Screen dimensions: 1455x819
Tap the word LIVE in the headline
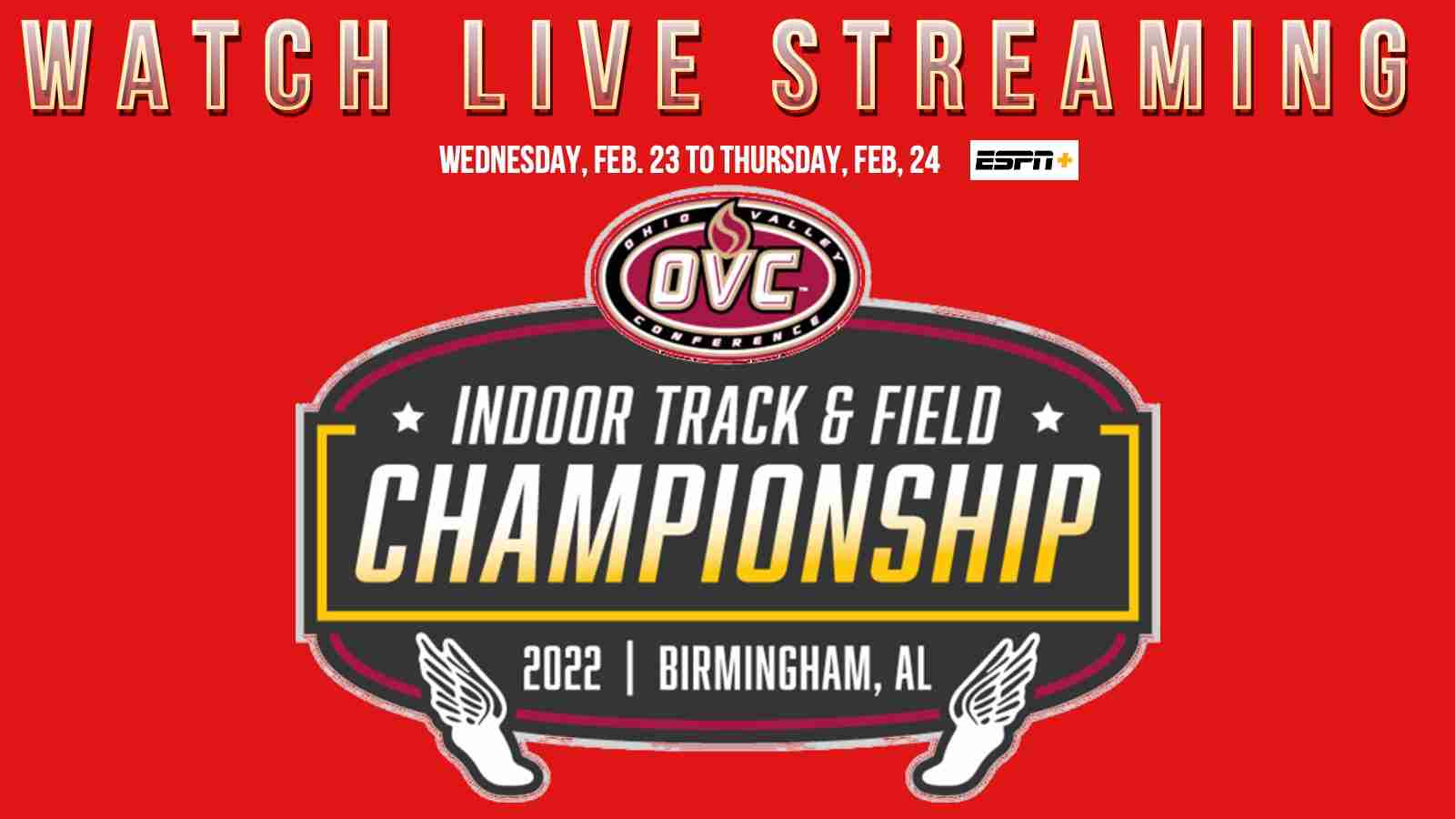click(583, 66)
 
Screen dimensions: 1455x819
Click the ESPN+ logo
click(1024, 160)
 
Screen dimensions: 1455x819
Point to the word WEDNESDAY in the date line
click(509, 160)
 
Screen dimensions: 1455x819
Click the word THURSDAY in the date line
click(783, 160)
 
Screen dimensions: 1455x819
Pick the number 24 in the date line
click(924, 159)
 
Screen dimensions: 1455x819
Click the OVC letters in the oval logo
click(726, 280)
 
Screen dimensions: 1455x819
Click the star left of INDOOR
click(408, 417)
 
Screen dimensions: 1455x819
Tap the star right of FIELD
click(1047, 417)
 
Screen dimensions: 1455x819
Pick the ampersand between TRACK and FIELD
click(836, 415)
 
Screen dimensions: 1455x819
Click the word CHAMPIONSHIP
click(727, 523)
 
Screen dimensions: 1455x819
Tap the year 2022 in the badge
click(562, 668)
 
